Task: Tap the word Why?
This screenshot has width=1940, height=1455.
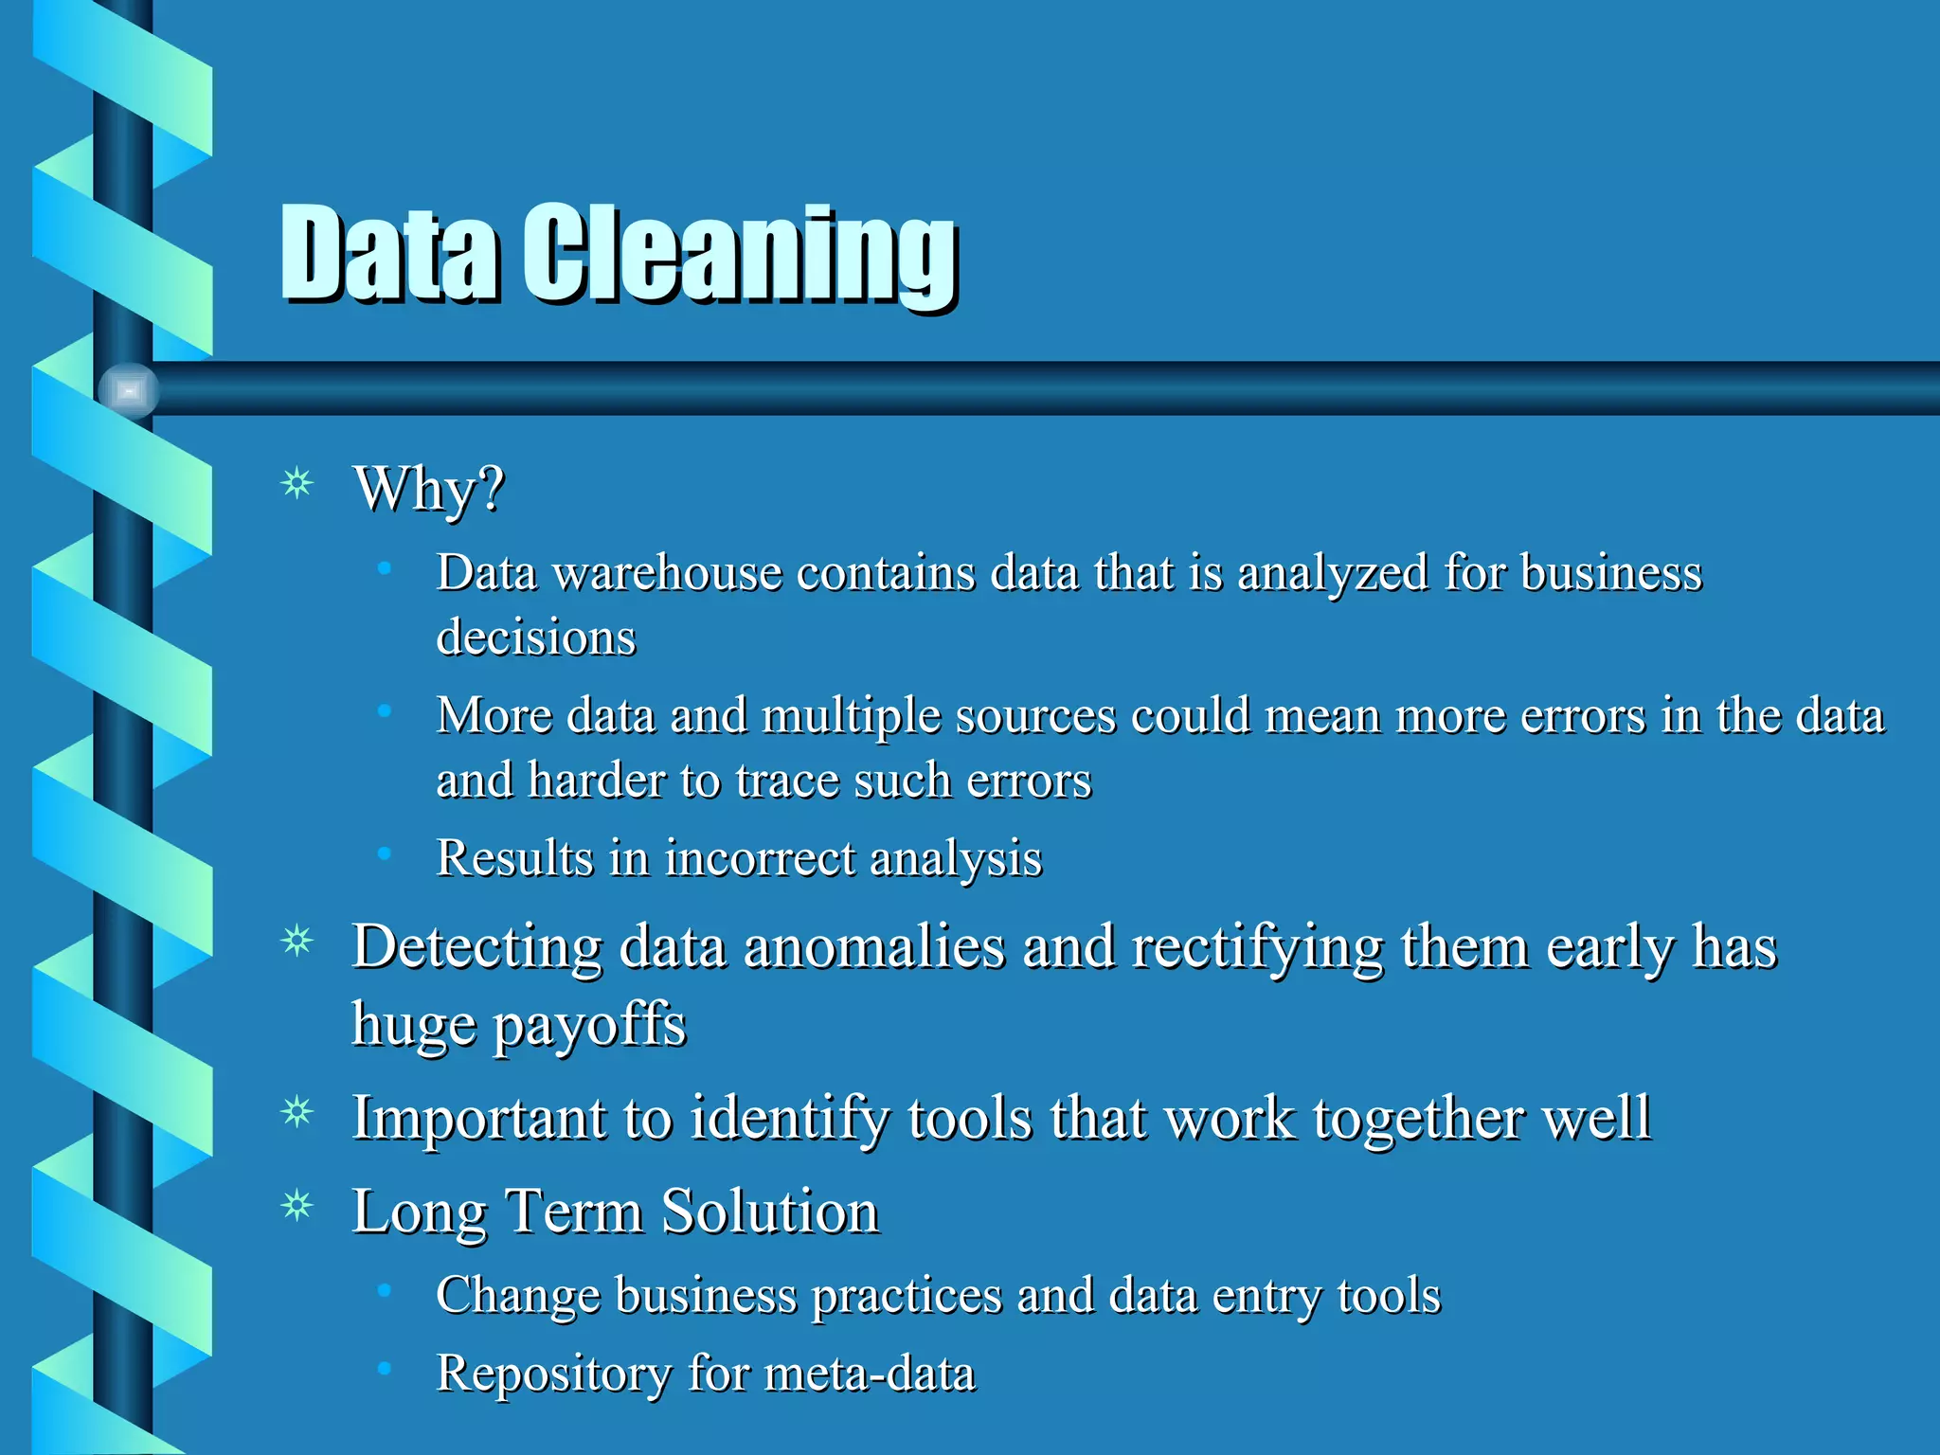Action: point(428,489)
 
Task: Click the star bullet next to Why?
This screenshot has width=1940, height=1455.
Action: point(297,483)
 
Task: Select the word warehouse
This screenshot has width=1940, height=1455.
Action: point(667,573)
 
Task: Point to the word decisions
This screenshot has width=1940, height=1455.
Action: point(535,637)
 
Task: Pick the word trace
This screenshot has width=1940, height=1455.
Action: point(786,781)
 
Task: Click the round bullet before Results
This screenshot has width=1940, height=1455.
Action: point(384,853)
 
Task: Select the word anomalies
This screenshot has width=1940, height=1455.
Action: point(873,947)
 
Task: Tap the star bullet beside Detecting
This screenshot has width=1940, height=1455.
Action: point(297,941)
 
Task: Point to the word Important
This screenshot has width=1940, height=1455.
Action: point(478,1118)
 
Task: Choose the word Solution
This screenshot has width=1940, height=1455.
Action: point(769,1212)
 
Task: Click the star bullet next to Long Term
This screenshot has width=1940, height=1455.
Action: point(297,1206)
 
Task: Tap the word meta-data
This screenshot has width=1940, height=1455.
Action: point(869,1374)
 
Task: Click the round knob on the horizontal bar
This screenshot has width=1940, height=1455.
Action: point(129,389)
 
